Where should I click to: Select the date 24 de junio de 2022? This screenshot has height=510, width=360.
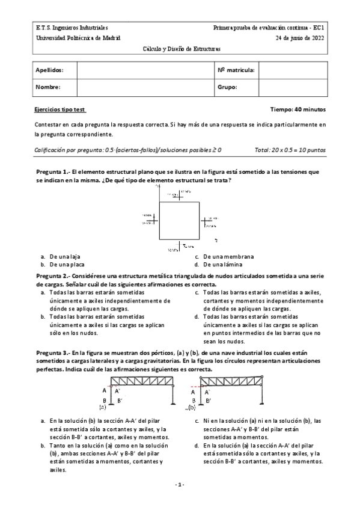click(x=301, y=37)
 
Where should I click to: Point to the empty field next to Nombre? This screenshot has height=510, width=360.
click(x=144, y=87)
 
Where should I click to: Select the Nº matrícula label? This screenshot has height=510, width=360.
click(x=236, y=70)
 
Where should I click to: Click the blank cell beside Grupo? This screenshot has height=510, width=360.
click(x=293, y=87)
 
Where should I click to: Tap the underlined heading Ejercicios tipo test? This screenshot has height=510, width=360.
click(x=60, y=110)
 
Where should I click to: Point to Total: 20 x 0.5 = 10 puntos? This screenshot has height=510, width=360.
click(x=290, y=150)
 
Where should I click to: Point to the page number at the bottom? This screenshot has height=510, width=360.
click(x=180, y=485)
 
